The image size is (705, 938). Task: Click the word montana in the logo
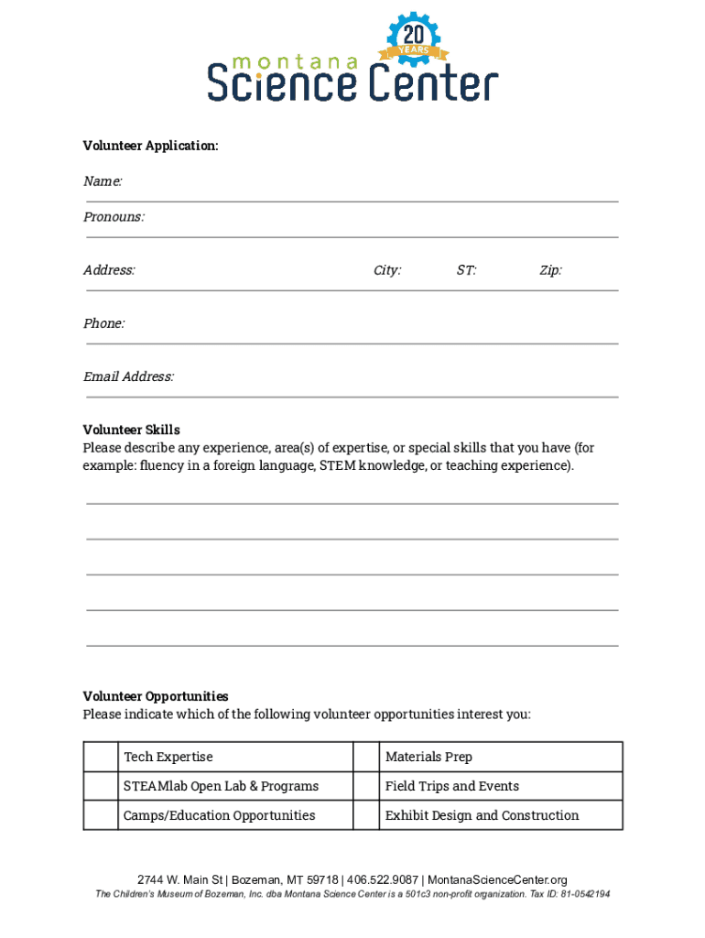tap(296, 62)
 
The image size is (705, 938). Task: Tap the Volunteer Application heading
tap(151, 146)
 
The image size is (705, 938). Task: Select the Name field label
tap(103, 181)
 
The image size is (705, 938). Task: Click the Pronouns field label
tap(114, 217)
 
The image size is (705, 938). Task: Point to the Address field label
tap(109, 270)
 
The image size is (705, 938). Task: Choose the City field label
tap(386, 270)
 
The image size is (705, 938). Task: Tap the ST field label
tap(466, 270)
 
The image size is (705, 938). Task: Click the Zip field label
tap(550, 270)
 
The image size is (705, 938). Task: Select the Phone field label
tap(103, 323)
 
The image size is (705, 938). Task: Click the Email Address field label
tap(128, 376)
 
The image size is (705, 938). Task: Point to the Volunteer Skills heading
tap(131, 430)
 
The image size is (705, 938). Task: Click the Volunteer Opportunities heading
tap(156, 696)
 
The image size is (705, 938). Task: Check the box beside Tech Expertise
tap(101, 757)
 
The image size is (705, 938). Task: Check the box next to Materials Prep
tap(366, 757)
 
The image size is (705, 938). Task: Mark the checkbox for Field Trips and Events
tap(366, 786)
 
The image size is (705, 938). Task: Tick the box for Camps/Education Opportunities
tap(101, 815)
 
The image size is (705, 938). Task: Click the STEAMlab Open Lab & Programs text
tap(221, 786)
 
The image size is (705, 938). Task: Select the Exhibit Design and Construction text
tap(482, 815)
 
